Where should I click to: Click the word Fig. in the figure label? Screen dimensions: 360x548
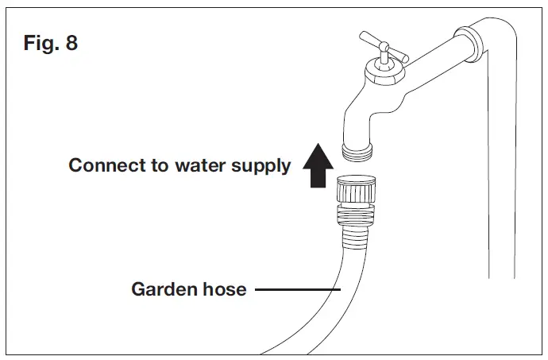40,44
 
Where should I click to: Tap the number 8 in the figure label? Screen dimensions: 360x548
71,44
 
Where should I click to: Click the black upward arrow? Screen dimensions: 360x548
318,168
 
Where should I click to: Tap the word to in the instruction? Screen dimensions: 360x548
169,166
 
